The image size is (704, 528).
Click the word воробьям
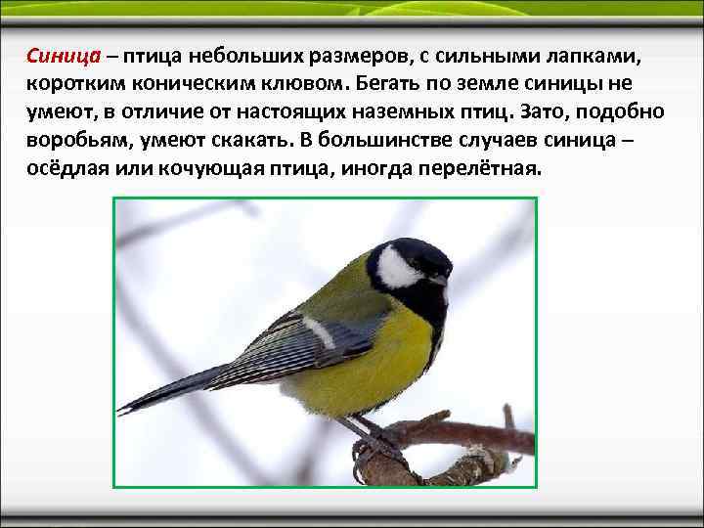(x=77, y=138)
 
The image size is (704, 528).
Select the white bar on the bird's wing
(x=318, y=331)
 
